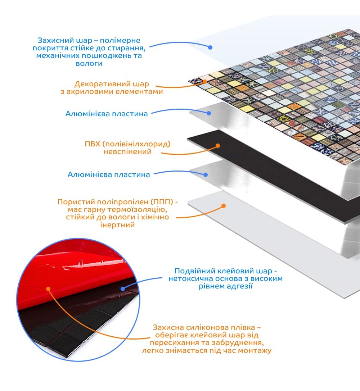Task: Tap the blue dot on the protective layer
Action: coord(210,47)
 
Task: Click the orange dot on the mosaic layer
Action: coord(205,81)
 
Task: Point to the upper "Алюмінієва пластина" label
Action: coord(107,114)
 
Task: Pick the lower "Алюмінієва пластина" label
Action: coord(109,174)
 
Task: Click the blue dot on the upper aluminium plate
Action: coord(209,113)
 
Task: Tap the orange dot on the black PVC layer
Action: coord(218,146)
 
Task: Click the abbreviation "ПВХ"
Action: coord(92,144)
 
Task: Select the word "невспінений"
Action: coord(127,151)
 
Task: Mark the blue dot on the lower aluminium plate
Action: coord(206,175)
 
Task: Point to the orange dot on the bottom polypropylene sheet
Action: coord(224,206)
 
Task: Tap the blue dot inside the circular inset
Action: coord(123,288)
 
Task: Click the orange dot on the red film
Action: coord(48,289)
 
